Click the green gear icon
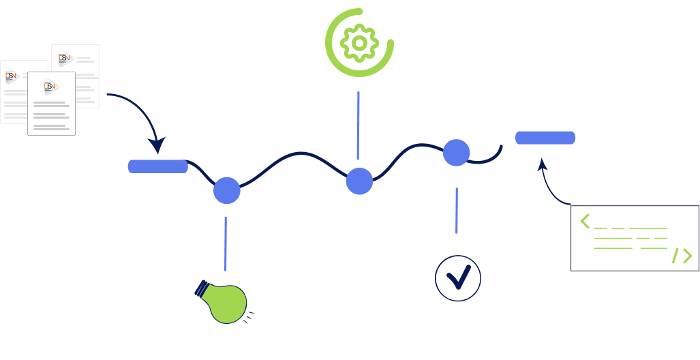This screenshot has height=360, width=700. click(359, 42)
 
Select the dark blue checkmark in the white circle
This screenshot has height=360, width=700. click(458, 277)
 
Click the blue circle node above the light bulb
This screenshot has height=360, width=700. click(227, 190)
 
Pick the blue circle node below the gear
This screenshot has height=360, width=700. click(359, 181)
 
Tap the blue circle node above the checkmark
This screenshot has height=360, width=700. click(457, 153)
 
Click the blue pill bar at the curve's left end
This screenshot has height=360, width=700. click(157, 166)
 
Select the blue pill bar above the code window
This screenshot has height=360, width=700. click(545, 138)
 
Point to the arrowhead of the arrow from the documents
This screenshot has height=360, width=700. click(157, 146)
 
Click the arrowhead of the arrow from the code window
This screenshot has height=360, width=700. click(543, 164)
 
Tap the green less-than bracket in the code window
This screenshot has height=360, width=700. click(585, 221)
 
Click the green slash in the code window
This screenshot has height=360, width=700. click(675, 256)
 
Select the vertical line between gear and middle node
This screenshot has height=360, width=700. click(358, 125)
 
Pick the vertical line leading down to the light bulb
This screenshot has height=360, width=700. click(226, 243)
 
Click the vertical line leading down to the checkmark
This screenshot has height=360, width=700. click(457, 211)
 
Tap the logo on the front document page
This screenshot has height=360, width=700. click(50, 87)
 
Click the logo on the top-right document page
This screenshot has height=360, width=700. click(65, 59)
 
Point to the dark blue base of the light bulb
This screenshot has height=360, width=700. click(202, 288)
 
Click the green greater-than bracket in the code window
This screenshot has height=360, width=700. click(687, 256)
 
